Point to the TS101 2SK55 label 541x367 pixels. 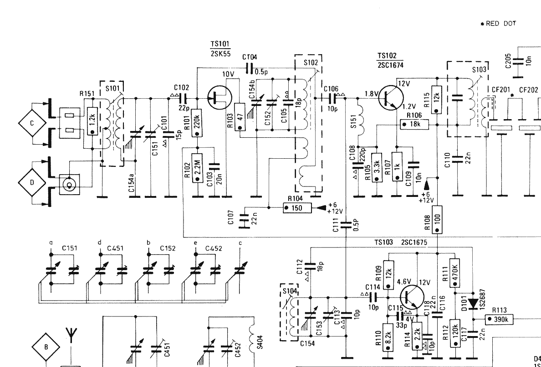pos(220,49)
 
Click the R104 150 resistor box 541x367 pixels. pos(296,208)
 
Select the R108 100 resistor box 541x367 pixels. pos(437,219)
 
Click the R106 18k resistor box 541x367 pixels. pos(415,124)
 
